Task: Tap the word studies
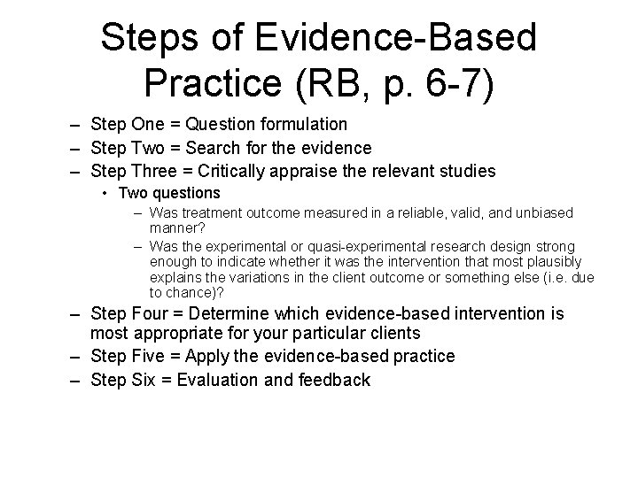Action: [473, 170]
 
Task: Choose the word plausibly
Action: [551, 261]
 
